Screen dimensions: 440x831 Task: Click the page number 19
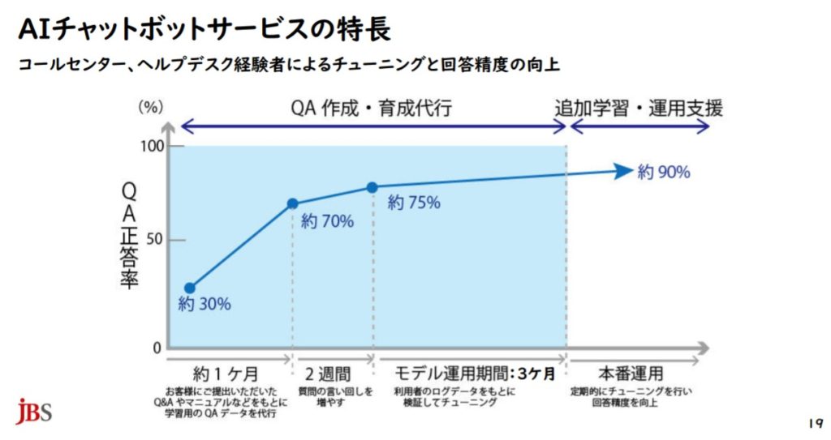[815, 423]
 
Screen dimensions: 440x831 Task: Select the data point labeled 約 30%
[190, 288]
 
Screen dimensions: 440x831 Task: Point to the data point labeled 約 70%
[292, 203]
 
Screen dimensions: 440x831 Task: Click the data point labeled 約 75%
[372, 187]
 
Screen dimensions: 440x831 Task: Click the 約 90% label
[664, 172]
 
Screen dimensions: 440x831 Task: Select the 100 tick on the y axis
[153, 147]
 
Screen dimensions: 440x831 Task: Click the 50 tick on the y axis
[155, 240]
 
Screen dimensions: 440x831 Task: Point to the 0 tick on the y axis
[157, 348]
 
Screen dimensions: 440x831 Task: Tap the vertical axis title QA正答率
[129, 235]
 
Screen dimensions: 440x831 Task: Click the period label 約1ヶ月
[226, 374]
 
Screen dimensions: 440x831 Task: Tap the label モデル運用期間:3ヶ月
[474, 374]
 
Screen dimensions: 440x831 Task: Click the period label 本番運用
[631, 374]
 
